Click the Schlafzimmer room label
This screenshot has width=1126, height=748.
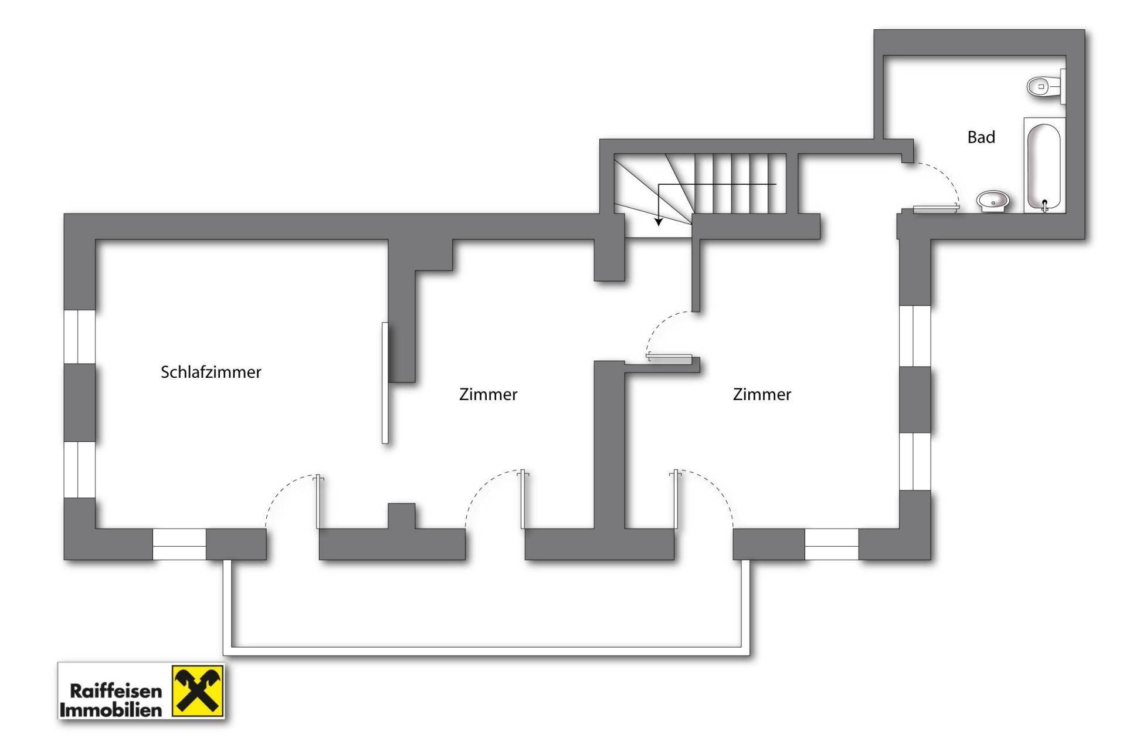point(211,372)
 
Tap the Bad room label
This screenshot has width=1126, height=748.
point(981,137)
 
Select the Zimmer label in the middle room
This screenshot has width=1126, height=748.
point(488,394)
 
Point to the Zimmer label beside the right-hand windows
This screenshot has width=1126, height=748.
point(762,394)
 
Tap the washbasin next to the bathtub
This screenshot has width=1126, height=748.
point(992,201)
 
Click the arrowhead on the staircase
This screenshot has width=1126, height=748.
point(659,222)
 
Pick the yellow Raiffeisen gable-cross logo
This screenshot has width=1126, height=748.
point(198,691)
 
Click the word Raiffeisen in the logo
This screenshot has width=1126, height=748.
point(116,691)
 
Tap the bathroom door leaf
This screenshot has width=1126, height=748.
point(935,208)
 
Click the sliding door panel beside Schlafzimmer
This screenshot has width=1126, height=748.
point(385,383)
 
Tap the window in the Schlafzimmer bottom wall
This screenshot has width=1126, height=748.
point(179,545)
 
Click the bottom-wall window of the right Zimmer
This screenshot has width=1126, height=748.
point(831,545)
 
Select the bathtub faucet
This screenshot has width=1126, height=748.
point(1044,205)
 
